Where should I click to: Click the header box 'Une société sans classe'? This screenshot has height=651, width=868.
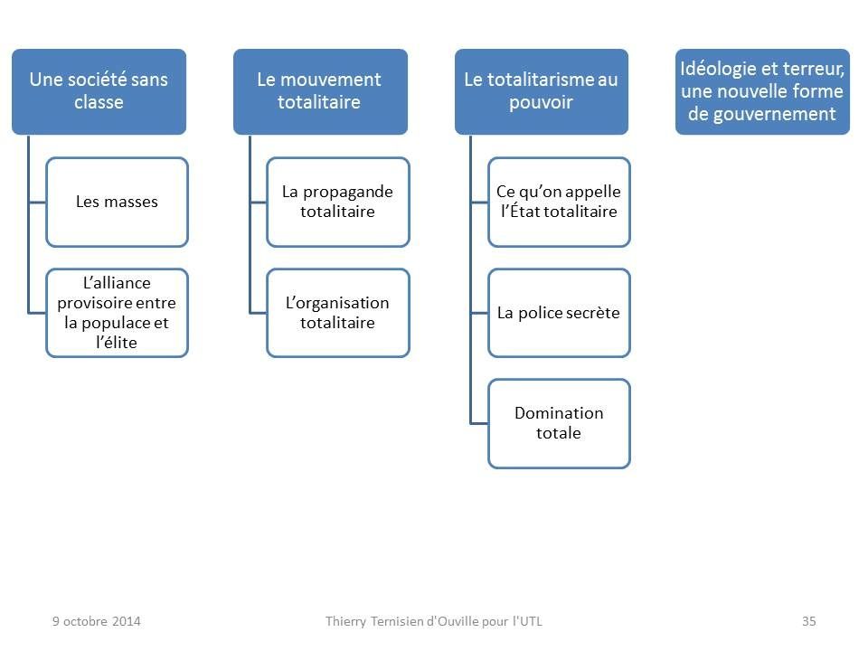[99, 92]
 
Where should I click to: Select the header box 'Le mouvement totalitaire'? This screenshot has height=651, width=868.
[320, 92]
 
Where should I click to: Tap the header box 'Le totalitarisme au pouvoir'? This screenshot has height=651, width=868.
[542, 92]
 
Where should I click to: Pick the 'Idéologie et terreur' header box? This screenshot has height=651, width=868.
[762, 92]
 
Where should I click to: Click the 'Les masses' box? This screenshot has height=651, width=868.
[118, 202]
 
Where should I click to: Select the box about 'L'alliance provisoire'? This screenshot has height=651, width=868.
[118, 313]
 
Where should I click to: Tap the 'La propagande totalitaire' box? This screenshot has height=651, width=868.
[338, 202]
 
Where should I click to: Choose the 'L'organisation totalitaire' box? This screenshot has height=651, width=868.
[338, 313]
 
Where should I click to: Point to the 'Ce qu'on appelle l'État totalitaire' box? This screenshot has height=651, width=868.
[559, 202]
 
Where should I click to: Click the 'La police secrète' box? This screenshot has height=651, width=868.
[559, 313]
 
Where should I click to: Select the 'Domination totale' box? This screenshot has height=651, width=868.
[559, 423]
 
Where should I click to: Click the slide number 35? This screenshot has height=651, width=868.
[808, 621]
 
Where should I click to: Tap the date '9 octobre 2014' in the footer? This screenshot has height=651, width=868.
[97, 621]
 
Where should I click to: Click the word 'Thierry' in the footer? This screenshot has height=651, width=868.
[345, 622]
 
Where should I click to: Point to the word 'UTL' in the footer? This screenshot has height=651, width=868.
[531, 621]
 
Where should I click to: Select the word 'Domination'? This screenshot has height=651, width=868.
[559, 413]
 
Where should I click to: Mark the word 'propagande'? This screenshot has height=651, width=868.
[348, 193]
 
